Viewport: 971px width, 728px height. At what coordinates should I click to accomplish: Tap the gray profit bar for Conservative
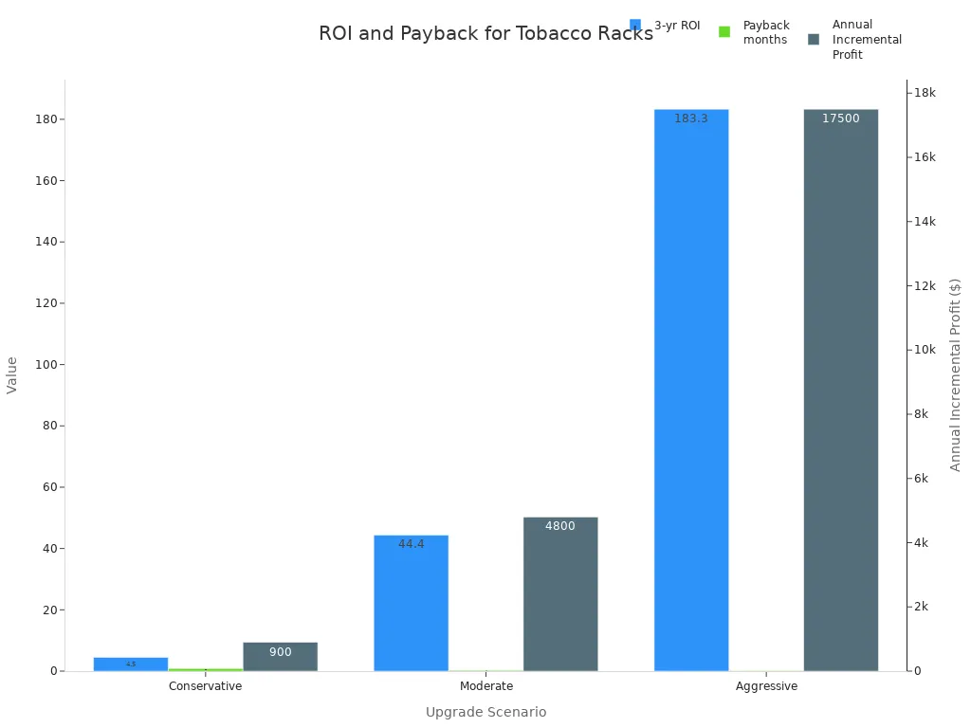pos(280,657)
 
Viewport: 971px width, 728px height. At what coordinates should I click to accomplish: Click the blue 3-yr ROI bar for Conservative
pos(131,664)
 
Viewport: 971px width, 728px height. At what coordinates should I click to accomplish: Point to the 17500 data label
pos(841,118)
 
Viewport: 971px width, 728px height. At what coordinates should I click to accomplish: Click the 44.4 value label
pos(411,544)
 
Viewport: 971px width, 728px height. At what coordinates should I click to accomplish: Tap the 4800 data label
pos(560,526)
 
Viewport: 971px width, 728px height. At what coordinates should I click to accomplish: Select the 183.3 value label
pos(691,118)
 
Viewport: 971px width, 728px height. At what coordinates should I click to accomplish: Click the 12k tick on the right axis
pos(925,285)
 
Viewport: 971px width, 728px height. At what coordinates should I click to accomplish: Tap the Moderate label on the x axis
pos(486,686)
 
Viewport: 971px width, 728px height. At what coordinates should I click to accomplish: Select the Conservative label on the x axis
pos(205,686)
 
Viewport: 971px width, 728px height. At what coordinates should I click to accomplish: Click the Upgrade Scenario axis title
pos(485,712)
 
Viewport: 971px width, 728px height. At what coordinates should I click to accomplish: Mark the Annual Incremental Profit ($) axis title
pos(955,374)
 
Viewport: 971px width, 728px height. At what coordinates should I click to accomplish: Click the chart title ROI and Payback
pos(485,34)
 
